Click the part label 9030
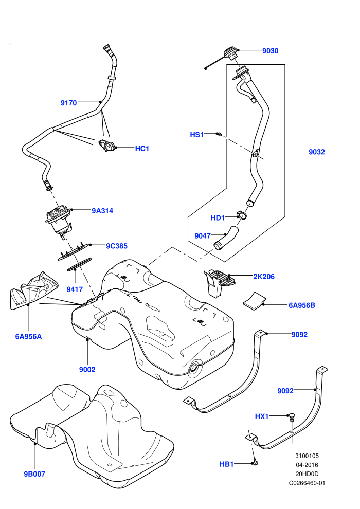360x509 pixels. pos(271,50)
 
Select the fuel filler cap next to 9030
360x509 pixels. pos(230,53)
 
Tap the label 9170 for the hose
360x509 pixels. pos(68,103)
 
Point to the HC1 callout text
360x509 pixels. pos(142,149)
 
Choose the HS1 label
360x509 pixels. pos(197,134)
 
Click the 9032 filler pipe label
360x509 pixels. pos(316,152)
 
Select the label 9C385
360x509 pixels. pos(117,246)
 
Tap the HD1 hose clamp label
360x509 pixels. pos(218,217)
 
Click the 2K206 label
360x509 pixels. pos(264,277)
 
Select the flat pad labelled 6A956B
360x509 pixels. pos(255,300)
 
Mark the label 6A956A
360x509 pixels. pos(28,336)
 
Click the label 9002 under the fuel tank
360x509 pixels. pos(87,369)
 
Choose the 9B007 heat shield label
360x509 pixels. pos(34,474)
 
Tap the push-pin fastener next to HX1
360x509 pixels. pos(292,417)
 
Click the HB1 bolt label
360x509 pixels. pos(227,464)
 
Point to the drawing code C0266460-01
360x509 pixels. pos(307,483)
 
